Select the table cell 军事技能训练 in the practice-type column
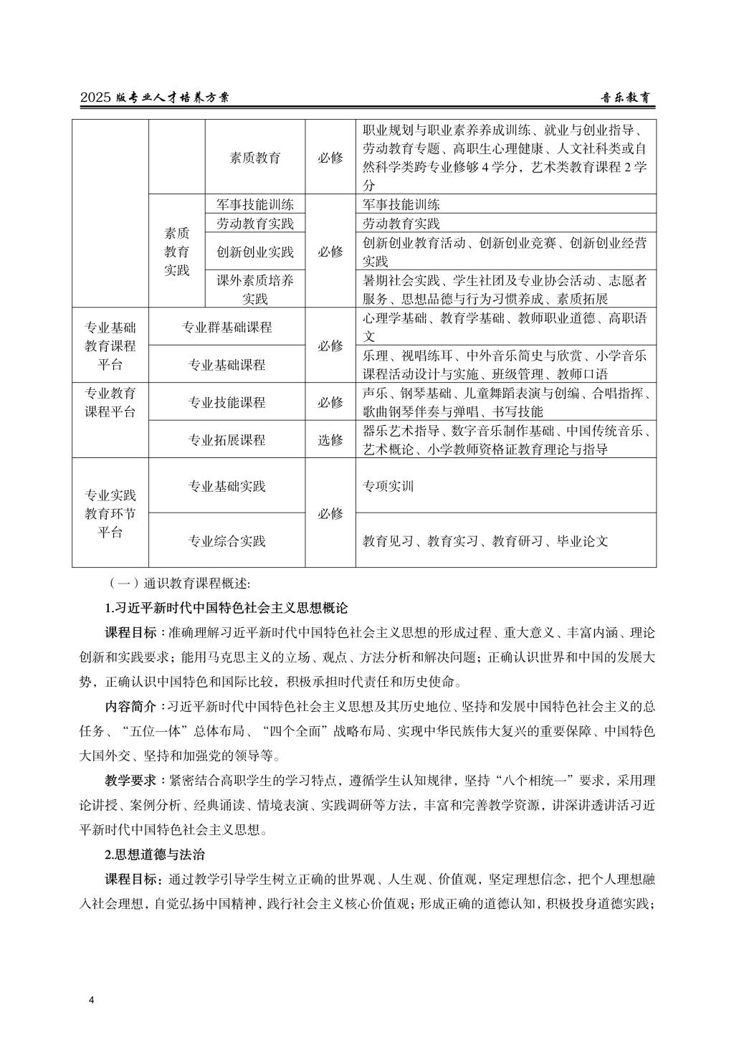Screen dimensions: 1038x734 (x=255, y=204)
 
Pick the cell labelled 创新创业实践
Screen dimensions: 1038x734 (x=255, y=252)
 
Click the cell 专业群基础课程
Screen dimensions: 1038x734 (x=227, y=328)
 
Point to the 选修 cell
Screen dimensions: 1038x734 (x=330, y=440)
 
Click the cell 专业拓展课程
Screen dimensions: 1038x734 (x=227, y=440)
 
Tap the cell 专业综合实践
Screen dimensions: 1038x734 (x=227, y=541)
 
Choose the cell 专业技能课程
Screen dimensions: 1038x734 (x=227, y=402)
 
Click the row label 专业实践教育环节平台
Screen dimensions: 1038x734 (x=110, y=513)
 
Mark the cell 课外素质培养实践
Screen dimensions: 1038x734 (x=255, y=289)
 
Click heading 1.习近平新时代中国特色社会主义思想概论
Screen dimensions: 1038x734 (x=227, y=608)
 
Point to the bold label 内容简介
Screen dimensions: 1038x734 (x=130, y=707)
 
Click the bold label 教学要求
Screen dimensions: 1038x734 (x=130, y=781)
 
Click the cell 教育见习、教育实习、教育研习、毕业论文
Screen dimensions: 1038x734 (x=485, y=541)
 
